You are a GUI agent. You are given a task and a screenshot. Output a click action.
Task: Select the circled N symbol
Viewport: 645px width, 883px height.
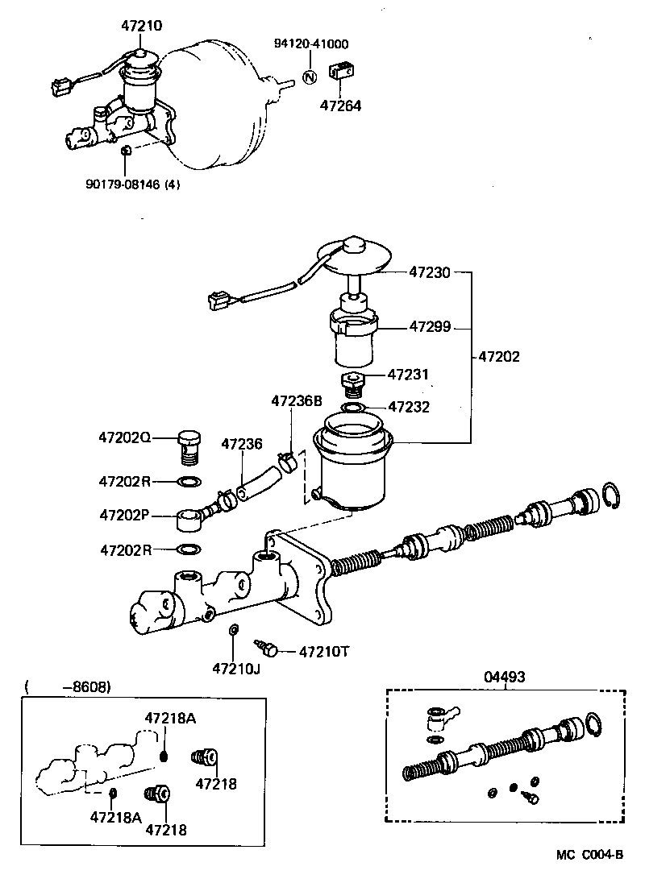(309, 77)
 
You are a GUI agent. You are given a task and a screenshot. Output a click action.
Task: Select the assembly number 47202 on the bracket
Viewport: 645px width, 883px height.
(498, 354)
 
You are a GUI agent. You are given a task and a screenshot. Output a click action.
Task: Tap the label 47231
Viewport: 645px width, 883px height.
(409, 375)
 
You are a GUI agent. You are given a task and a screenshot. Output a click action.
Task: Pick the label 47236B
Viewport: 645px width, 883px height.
(296, 400)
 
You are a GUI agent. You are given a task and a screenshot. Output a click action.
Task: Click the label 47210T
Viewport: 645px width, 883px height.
(325, 651)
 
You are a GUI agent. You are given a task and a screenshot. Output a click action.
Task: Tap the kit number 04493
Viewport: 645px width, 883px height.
(505, 678)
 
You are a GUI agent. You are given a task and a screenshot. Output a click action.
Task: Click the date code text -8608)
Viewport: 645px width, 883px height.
(86, 686)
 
